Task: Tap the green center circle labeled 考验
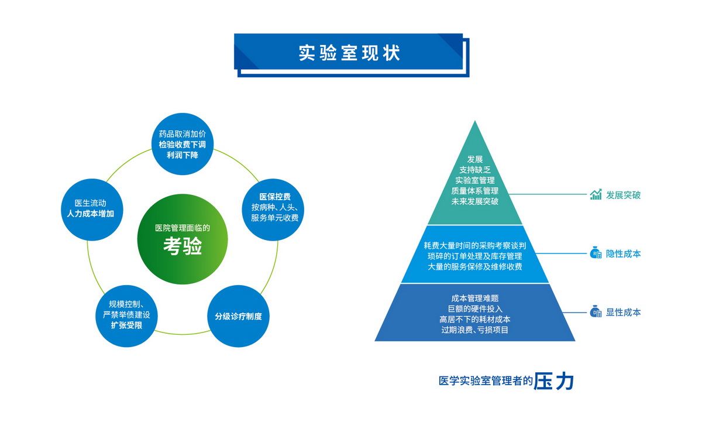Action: (x=183, y=239)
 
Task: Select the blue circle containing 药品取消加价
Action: (x=183, y=144)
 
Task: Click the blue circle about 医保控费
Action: (x=273, y=210)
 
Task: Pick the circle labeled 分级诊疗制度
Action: (x=238, y=316)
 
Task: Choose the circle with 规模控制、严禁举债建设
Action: (x=126, y=316)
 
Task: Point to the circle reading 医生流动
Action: (x=92, y=210)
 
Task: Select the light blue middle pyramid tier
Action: (x=475, y=254)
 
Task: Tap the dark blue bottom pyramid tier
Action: (x=475, y=313)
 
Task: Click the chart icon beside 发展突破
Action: (x=596, y=194)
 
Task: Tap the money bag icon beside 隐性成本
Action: (x=596, y=253)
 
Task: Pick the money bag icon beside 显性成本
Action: (x=596, y=311)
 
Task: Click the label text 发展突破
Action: (x=623, y=195)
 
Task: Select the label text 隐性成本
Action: (x=623, y=253)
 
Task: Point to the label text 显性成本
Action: (x=623, y=313)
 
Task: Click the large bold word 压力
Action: (x=554, y=381)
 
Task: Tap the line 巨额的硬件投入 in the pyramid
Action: (x=475, y=309)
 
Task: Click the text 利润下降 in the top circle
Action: (x=183, y=155)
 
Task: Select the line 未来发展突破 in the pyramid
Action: (x=475, y=201)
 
